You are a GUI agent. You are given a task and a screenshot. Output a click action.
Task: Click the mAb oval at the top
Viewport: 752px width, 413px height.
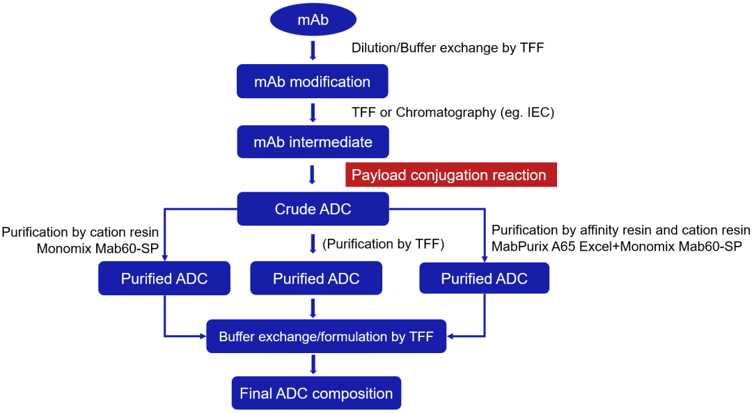coord(313,20)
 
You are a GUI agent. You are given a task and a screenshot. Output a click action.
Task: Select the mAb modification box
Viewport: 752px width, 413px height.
coord(312,81)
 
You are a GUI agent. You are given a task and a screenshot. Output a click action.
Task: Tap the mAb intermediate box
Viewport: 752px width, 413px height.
coord(313,142)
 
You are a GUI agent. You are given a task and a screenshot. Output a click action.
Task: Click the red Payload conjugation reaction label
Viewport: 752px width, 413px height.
coord(451,175)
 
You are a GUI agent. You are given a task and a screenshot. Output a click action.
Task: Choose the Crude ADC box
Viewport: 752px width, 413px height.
coord(313,209)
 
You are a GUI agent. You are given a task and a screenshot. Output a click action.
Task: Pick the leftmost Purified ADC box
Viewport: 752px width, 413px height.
coord(164,279)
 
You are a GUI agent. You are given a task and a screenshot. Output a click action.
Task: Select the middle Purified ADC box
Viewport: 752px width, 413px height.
coord(316,279)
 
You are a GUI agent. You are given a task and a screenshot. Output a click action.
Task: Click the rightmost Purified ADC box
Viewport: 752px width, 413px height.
coord(484,279)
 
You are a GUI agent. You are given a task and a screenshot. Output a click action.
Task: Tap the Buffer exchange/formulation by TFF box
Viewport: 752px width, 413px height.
coord(327,337)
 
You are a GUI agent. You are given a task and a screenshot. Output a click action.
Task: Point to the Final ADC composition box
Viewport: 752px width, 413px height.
coord(316,393)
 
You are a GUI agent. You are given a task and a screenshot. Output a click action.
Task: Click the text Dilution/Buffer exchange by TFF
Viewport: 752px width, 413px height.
coord(448,48)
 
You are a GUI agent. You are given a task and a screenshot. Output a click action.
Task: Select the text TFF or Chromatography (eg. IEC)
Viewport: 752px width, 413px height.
coord(453,112)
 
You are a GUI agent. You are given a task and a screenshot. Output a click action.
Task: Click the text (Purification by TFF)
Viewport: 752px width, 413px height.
coord(383,244)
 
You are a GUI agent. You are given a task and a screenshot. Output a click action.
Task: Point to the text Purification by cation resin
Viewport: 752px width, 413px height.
coord(80,231)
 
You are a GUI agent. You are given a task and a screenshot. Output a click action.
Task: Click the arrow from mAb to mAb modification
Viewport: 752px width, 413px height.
coord(313,50)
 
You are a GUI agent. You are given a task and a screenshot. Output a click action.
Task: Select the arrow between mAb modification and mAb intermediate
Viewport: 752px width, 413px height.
coord(313,112)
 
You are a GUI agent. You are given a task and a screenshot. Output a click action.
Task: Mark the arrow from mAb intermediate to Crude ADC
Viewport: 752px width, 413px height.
coord(313,174)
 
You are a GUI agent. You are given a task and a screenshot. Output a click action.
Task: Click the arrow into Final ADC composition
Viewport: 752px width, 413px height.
coord(313,364)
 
